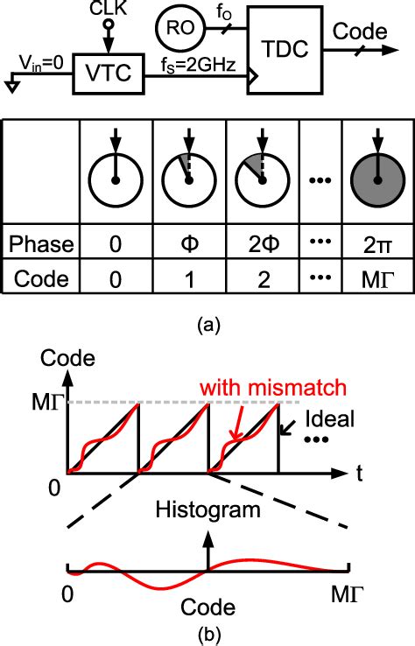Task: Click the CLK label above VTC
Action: [x=109, y=11]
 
